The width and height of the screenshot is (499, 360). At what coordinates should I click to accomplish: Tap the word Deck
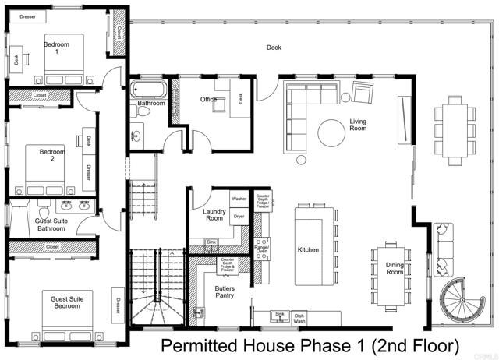click(x=274, y=48)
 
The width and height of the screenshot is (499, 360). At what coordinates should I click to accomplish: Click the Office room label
click(x=207, y=99)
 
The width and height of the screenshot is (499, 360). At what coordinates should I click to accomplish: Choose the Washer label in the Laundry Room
click(x=239, y=199)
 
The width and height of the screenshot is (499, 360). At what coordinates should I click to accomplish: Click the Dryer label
click(x=239, y=216)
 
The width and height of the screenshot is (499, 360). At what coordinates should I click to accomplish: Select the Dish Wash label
click(x=299, y=319)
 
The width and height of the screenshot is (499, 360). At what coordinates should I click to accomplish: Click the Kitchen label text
click(x=310, y=249)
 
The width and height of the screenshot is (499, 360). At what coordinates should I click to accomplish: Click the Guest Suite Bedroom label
click(x=65, y=303)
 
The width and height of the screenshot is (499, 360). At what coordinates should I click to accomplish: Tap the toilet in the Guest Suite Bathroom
click(x=44, y=210)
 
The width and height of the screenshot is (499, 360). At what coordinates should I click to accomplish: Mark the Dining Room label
click(x=395, y=269)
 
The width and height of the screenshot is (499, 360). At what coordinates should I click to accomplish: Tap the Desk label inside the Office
click(x=241, y=97)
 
